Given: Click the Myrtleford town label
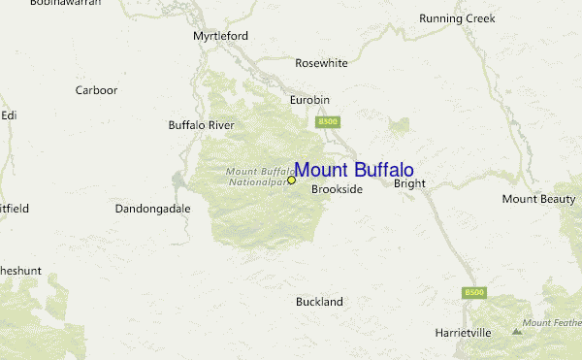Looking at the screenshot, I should pyautogui.click(x=220, y=36).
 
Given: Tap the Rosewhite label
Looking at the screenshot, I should pyautogui.click(x=321, y=63).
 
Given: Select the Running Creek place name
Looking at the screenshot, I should pyautogui.click(x=457, y=18).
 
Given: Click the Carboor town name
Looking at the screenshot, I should pyautogui.click(x=96, y=90).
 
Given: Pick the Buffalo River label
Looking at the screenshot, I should pyautogui.click(x=202, y=125).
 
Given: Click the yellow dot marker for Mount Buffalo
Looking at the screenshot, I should pyautogui.click(x=291, y=180).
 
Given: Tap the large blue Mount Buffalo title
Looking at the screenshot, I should pyautogui.click(x=354, y=171).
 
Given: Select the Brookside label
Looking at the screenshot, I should pyautogui.click(x=337, y=189).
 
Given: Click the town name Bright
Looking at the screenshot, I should pyautogui.click(x=409, y=183).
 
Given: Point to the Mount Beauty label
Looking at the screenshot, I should pyautogui.click(x=538, y=199).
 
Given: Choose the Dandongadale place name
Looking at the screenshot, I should pyautogui.click(x=152, y=209).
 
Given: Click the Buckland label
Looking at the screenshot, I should pyautogui.click(x=319, y=302).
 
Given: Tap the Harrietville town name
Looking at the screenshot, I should pyautogui.click(x=463, y=333).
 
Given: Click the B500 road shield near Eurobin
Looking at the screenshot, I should pyautogui.click(x=326, y=121).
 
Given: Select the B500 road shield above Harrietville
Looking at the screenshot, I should pyautogui.click(x=473, y=292).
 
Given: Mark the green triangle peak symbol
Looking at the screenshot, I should pyautogui.click(x=516, y=332).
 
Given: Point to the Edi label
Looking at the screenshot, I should pyautogui.click(x=9, y=115).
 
